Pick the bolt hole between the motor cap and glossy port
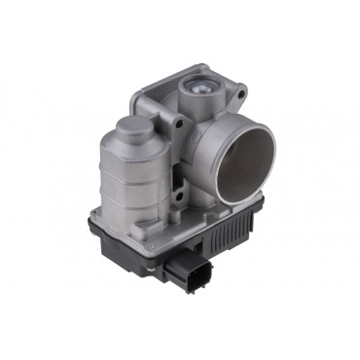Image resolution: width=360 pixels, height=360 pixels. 178,124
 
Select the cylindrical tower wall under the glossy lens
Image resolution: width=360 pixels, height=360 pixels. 199,109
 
